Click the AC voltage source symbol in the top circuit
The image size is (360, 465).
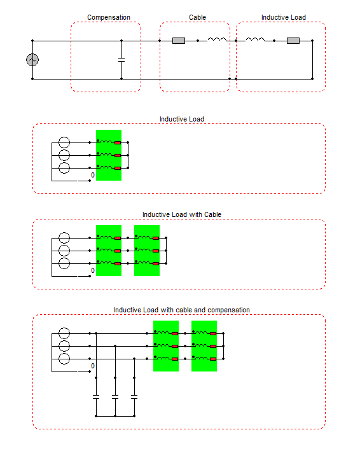[32, 60]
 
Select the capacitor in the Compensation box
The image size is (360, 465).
[121, 60]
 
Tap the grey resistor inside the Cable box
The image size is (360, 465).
[179, 41]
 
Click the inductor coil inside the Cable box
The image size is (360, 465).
[217, 39]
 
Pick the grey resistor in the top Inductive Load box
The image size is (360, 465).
[293, 41]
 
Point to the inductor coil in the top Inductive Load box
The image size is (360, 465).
[255, 39]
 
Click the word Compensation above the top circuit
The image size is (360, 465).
[109, 18]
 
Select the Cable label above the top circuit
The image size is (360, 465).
[198, 18]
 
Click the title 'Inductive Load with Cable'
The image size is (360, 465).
[182, 214]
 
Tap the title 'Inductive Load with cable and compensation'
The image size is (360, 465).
[182, 310]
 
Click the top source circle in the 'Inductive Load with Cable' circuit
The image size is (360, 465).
[64, 237]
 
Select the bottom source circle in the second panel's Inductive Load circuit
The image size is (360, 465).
[64, 167]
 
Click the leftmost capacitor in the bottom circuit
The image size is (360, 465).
[96, 397]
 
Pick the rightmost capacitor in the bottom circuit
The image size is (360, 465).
[134, 397]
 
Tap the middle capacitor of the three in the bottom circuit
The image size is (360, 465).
[115, 397]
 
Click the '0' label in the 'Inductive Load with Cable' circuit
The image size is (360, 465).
[93, 270]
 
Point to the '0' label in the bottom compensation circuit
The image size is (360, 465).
[93, 366]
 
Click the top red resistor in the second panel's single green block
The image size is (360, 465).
[118, 142]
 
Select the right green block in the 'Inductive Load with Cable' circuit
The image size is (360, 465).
[147, 251]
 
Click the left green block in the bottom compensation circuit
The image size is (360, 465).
[166, 346]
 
